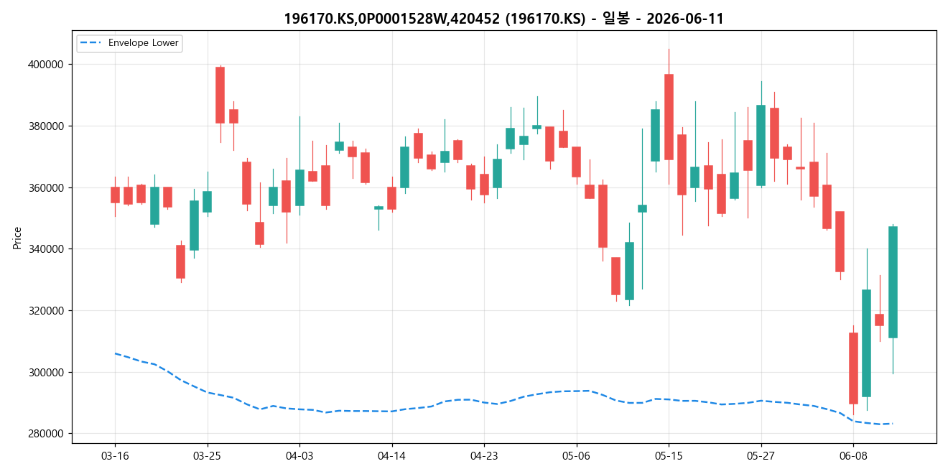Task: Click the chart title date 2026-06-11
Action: pyautogui.click(x=684, y=19)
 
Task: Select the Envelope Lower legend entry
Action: pyautogui.click(x=129, y=43)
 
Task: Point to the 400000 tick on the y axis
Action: pyautogui.click(x=46, y=65)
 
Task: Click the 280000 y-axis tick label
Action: pyautogui.click(x=46, y=434)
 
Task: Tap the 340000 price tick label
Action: pyautogui.click(x=46, y=248)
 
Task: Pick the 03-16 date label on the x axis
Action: pyautogui.click(x=115, y=456)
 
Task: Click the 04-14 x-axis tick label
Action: pyautogui.click(x=392, y=456)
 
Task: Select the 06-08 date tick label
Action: pyautogui.click(x=853, y=456)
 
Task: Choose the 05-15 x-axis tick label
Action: pyautogui.click(x=669, y=456)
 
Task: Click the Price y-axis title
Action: pyautogui.click(x=17, y=238)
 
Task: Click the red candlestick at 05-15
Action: pyautogui.click(x=669, y=117)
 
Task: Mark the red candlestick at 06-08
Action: pyautogui.click(x=853, y=368)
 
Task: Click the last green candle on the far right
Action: pyautogui.click(x=893, y=282)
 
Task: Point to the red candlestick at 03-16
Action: pyautogui.click(x=115, y=195)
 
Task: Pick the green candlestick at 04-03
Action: pyautogui.click(x=299, y=188)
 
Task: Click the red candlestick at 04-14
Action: pyautogui.click(x=392, y=198)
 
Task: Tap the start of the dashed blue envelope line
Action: pyautogui.click(x=115, y=353)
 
